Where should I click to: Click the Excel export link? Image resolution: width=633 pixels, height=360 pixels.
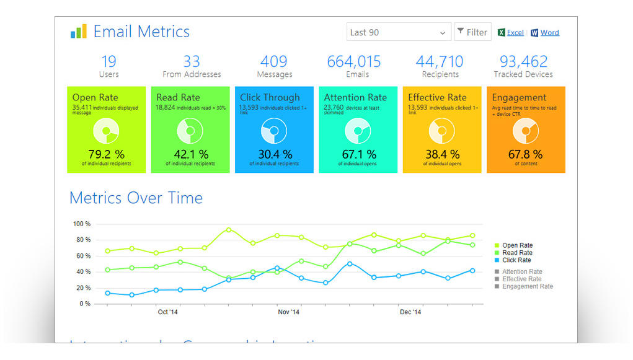[x=515, y=33]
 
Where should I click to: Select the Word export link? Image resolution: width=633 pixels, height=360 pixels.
[x=549, y=33]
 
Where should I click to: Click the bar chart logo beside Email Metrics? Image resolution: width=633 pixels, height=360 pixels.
[x=78, y=32]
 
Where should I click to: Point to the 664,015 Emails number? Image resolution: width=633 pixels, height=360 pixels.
[x=353, y=62]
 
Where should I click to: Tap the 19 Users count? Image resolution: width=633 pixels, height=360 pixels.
[x=108, y=62]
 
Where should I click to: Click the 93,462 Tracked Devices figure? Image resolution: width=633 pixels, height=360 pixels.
[x=523, y=62]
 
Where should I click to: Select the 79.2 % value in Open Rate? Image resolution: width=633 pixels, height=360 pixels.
[x=107, y=154]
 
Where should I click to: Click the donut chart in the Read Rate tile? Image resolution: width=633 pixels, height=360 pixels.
[x=190, y=131]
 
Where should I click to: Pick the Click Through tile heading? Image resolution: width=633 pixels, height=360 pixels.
[x=270, y=97]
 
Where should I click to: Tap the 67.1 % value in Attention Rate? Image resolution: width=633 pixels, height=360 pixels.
[x=359, y=154]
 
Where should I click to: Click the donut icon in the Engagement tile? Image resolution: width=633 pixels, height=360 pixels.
[x=526, y=131]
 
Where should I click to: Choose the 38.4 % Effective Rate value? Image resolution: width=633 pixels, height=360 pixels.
[x=442, y=154]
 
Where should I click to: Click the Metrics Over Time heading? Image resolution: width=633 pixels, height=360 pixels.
[x=136, y=198]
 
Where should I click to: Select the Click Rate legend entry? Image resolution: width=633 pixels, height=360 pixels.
[x=516, y=260]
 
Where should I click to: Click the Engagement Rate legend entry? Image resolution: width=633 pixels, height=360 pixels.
[x=527, y=286]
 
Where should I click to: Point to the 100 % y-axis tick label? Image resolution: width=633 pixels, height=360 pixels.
[x=82, y=224]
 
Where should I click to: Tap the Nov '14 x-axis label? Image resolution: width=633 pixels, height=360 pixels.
[x=288, y=312]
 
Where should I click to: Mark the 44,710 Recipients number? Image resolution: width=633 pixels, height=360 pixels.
[x=439, y=62]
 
